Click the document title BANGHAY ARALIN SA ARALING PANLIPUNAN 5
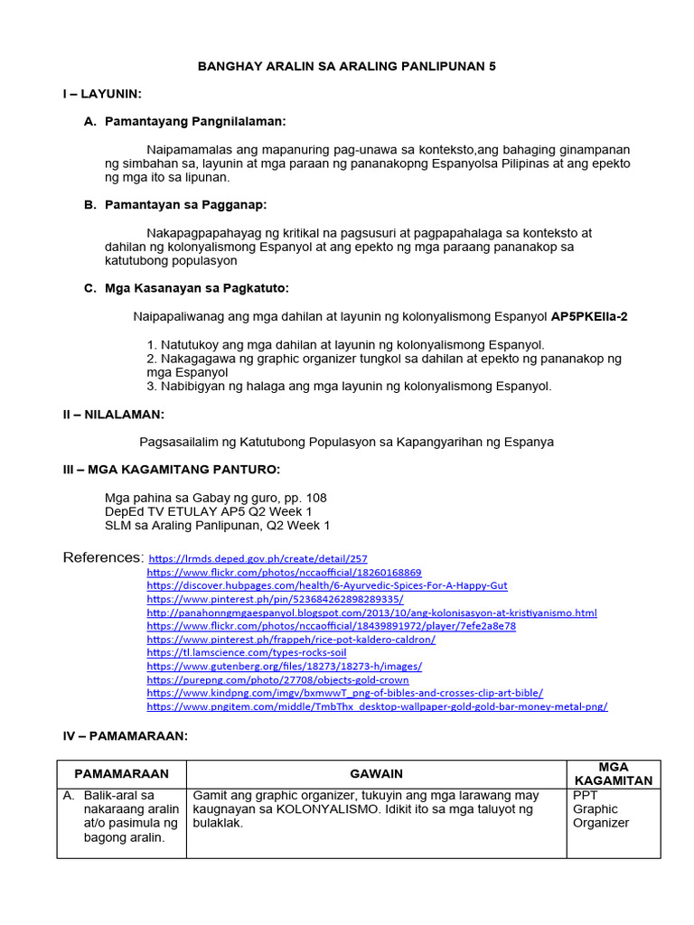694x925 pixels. coord(347,67)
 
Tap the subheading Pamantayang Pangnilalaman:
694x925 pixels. coord(195,121)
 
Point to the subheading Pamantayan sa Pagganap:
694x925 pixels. coord(186,205)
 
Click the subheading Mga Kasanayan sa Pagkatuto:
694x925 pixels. coord(196,288)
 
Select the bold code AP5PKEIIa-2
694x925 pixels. coord(602,317)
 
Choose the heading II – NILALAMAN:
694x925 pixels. coord(113,414)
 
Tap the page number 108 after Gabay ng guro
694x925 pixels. coord(316,498)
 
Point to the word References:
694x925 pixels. coord(103,557)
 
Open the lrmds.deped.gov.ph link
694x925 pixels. coord(258,559)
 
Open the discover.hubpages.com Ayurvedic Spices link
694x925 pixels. coord(326,585)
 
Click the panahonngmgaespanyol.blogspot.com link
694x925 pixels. coord(371,612)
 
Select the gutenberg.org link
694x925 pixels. coord(284,666)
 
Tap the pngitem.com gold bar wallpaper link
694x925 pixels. coord(377,706)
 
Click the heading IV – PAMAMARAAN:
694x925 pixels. coord(125,736)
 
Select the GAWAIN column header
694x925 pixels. coord(377,774)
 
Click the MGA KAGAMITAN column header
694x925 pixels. coord(614,774)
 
